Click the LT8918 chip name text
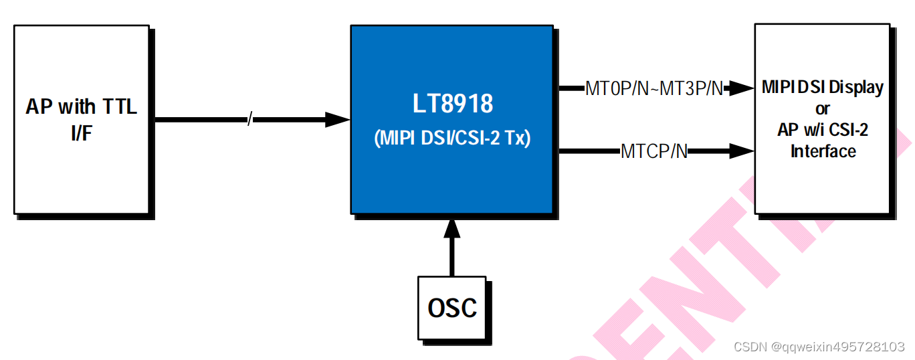click(x=452, y=104)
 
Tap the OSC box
click(x=452, y=308)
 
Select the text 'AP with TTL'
click(x=81, y=106)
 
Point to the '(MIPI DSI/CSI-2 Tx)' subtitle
click(x=452, y=139)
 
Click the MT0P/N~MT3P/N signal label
click(x=653, y=88)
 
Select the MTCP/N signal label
click(x=653, y=151)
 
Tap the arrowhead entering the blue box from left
click(x=337, y=120)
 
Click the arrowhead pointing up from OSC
click(x=452, y=228)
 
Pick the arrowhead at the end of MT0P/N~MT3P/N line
click(x=741, y=88)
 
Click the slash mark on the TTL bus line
click(x=249, y=120)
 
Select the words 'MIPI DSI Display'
click(x=822, y=88)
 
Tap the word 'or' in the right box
click(x=822, y=108)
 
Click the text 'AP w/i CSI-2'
click(x=822, y=130)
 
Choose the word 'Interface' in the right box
click(x=823, y=151)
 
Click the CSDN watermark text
click(x=750, y=347)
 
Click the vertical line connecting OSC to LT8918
click(x=452, y=258)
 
